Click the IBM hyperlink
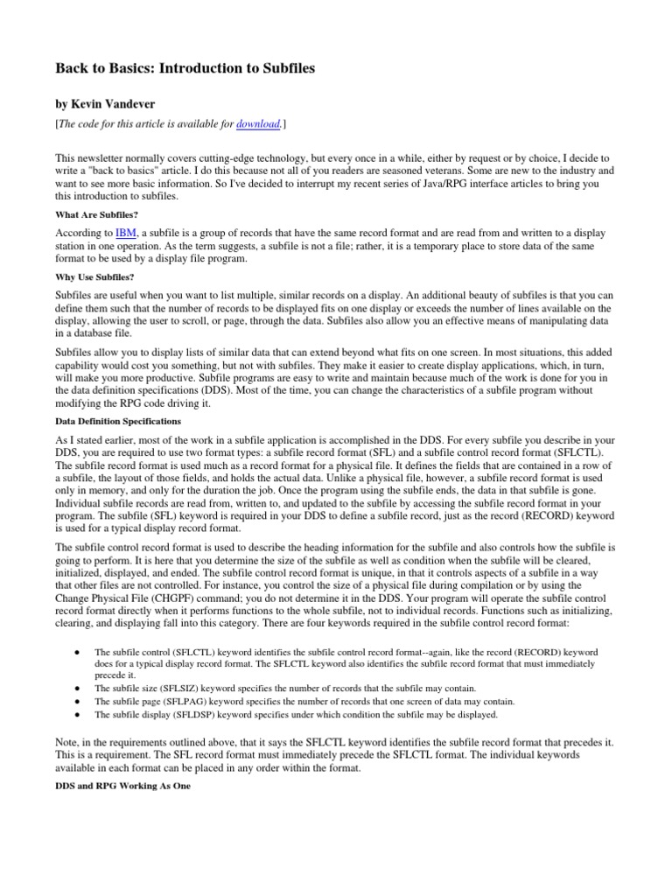click(x=126, y=234)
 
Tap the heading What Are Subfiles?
click(x=91, y=213)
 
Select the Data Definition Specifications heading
click(x=118, y=421)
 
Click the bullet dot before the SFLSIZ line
click(x=78, y=689)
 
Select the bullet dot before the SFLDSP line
click(x=78, y=714)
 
